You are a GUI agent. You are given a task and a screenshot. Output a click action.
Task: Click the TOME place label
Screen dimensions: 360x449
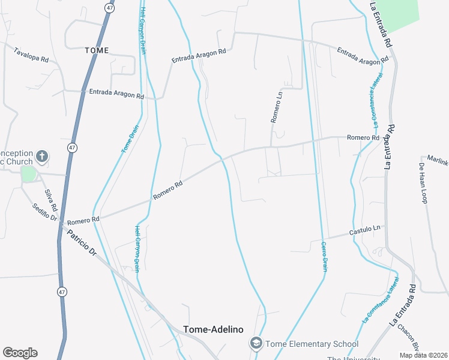click(97, 50)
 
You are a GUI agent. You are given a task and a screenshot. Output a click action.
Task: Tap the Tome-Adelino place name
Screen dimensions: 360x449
click(213, 329)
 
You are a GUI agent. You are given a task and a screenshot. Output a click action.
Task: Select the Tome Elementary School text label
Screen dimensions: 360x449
click(312, 344)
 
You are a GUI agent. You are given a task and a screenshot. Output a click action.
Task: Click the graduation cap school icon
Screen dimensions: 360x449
click(256, 343)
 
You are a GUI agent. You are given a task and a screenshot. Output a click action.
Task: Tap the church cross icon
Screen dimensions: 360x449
click(41, 157)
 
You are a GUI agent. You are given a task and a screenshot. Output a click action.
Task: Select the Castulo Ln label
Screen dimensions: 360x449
click(366, 230)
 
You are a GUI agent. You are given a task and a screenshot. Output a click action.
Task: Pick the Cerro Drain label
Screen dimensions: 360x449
click(324, 256)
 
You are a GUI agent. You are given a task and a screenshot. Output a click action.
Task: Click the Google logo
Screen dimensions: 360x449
click(20, 353)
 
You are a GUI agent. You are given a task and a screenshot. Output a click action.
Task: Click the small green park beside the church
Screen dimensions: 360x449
click(28, 174)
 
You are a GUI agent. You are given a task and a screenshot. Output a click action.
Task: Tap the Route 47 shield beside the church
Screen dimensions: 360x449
click(72, 147)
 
